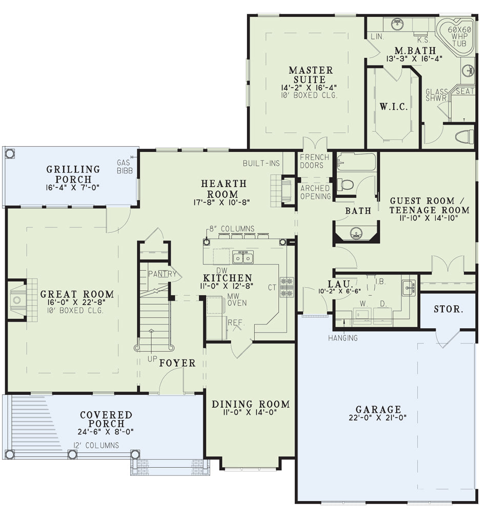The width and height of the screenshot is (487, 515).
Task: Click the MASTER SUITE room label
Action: [311, 75]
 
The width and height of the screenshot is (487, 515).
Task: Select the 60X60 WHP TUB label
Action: [459, 36]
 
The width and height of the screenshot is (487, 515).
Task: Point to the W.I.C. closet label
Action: [394, 106]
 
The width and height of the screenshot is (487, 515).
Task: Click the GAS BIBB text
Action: [125, 166]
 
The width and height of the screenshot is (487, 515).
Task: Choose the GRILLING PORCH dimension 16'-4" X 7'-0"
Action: [72, 188]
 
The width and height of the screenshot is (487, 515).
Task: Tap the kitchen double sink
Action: [243, 257]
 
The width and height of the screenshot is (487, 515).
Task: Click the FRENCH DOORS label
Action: [314, 161]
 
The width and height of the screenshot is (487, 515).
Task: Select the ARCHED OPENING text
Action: [315, 192]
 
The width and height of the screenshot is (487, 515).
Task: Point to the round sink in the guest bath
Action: [356, 233]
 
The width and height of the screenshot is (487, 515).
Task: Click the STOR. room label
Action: [448, 309]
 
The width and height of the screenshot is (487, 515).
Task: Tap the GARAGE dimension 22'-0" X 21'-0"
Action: [378, 418]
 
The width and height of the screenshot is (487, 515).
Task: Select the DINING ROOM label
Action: [251, 404]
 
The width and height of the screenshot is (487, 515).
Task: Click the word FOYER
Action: [177, 363]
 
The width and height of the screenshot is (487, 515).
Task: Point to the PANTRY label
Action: [162, 273]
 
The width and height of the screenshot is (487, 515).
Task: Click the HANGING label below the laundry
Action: [342, 338]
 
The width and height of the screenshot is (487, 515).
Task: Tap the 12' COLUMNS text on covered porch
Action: [96, 445]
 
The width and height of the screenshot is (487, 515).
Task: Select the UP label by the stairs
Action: [152, 359]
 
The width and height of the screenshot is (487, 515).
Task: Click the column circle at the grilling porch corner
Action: [10, 153]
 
